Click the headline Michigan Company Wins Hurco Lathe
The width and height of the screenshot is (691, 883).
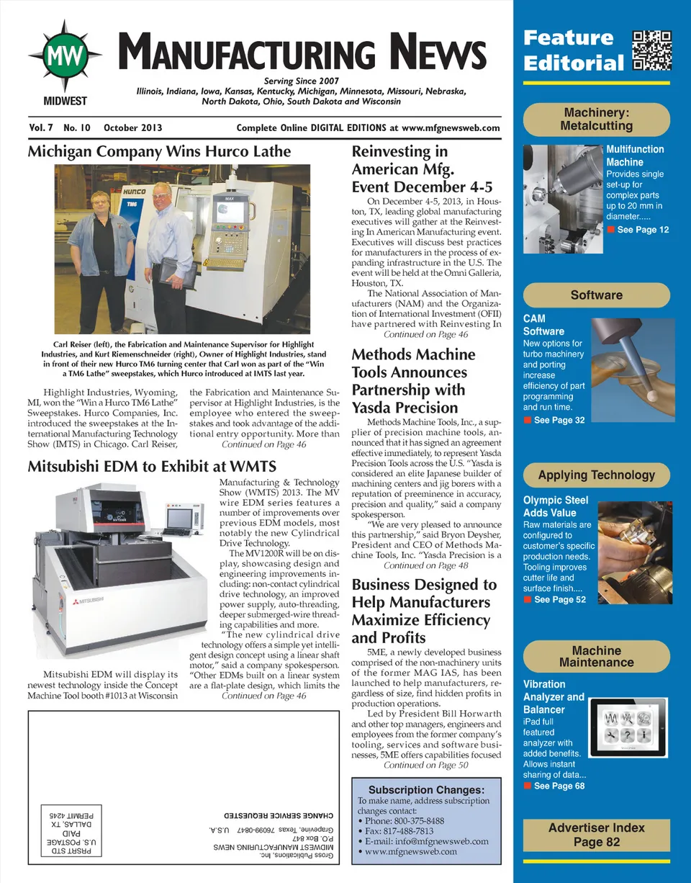coord(159,152)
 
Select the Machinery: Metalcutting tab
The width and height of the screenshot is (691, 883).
coord(596,120)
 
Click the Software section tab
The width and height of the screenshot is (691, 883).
coord(596,295)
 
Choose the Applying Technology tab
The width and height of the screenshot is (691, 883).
coord(596,475)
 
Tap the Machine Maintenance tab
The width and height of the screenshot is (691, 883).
coord(596,656)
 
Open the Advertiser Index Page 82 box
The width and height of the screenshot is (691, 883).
coord(596,835)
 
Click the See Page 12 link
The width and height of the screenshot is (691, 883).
coord(642,230)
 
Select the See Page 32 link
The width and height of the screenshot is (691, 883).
coord(559,420)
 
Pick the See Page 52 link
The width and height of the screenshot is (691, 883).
coord(559,600)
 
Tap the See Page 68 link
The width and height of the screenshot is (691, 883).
coord(559,786)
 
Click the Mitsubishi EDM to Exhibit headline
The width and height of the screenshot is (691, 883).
coord(152,467)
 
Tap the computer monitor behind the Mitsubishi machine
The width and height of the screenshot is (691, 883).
coord(179,516)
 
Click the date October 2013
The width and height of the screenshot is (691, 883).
coord(133,128)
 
